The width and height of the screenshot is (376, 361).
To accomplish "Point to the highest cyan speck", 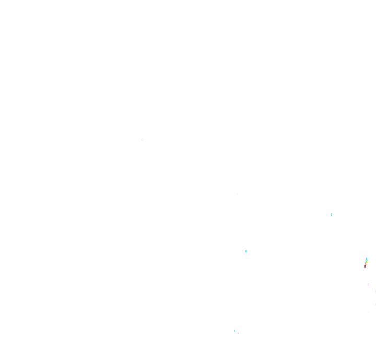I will click(x=332, y=214).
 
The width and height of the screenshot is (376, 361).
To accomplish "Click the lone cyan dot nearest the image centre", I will click(x=246, y=251).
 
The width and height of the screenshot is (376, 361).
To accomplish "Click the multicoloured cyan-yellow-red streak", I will click(x=366, y=262).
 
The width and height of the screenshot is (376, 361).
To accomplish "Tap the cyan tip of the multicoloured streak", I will click(x=367, y=259).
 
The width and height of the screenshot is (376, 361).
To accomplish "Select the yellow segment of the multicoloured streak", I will click(x=366, y=261).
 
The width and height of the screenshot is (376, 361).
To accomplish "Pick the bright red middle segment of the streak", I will click(x=366, y=264).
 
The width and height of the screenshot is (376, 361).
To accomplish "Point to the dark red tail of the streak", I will click(x=365, y=267).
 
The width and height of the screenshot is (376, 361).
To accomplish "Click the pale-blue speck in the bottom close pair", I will click(x=234, y=330).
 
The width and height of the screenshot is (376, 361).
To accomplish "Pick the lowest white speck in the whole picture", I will click(x=238, y=333).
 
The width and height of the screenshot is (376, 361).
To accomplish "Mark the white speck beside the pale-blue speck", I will click(x=238, y=333).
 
